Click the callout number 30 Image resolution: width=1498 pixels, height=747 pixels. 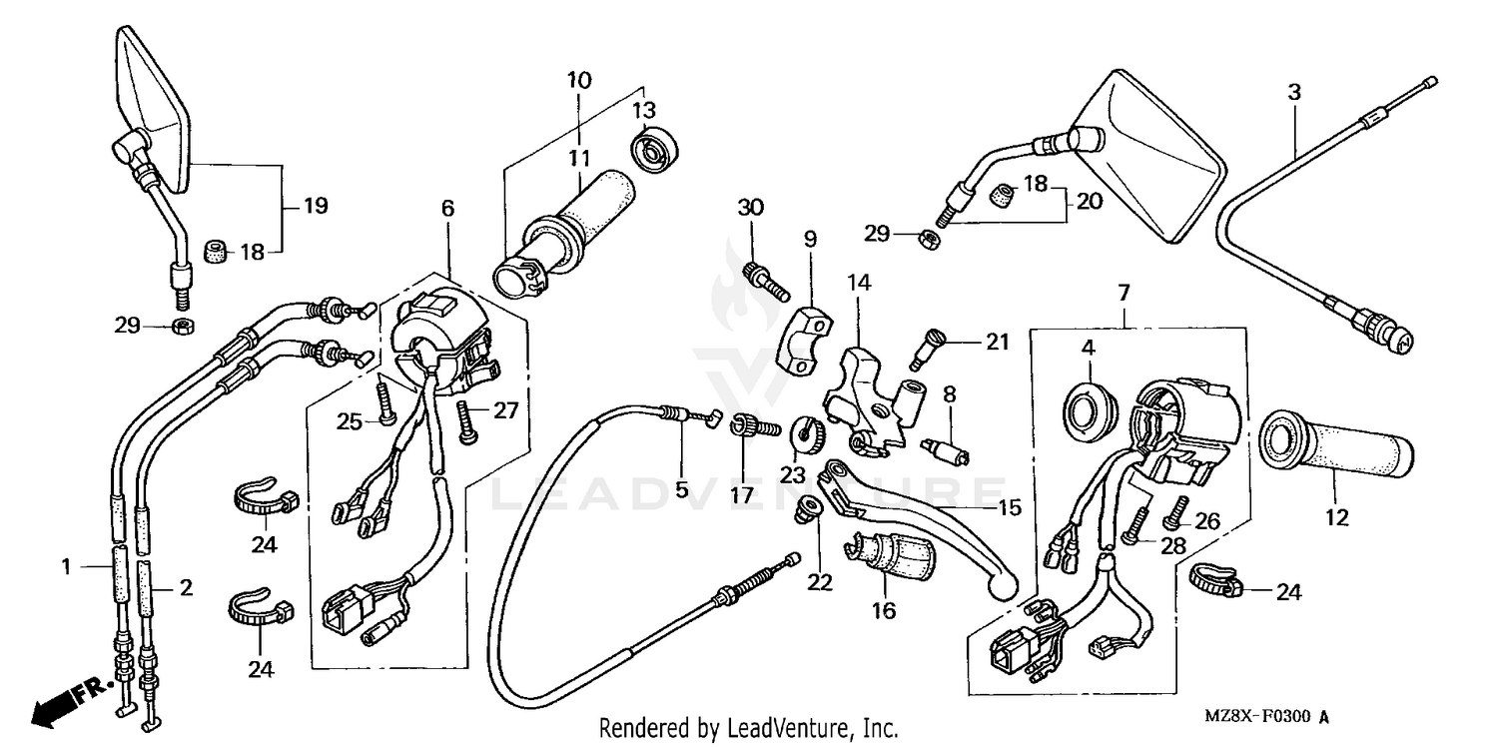click(x=750, y=208)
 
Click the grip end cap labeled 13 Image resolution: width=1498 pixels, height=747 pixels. click(x=656, y=151)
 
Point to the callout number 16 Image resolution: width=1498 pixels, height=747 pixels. click(x=884, y=609)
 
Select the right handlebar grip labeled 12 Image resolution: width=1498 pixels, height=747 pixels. click(x=1338, y=446)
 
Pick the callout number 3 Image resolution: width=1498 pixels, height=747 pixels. click(x=1294, y=93)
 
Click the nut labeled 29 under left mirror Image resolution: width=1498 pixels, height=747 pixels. click(x=182, y=326)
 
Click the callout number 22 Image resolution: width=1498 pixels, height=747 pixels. click(x=820, y=582)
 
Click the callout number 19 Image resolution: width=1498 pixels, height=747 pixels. click(x=316, y=207)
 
